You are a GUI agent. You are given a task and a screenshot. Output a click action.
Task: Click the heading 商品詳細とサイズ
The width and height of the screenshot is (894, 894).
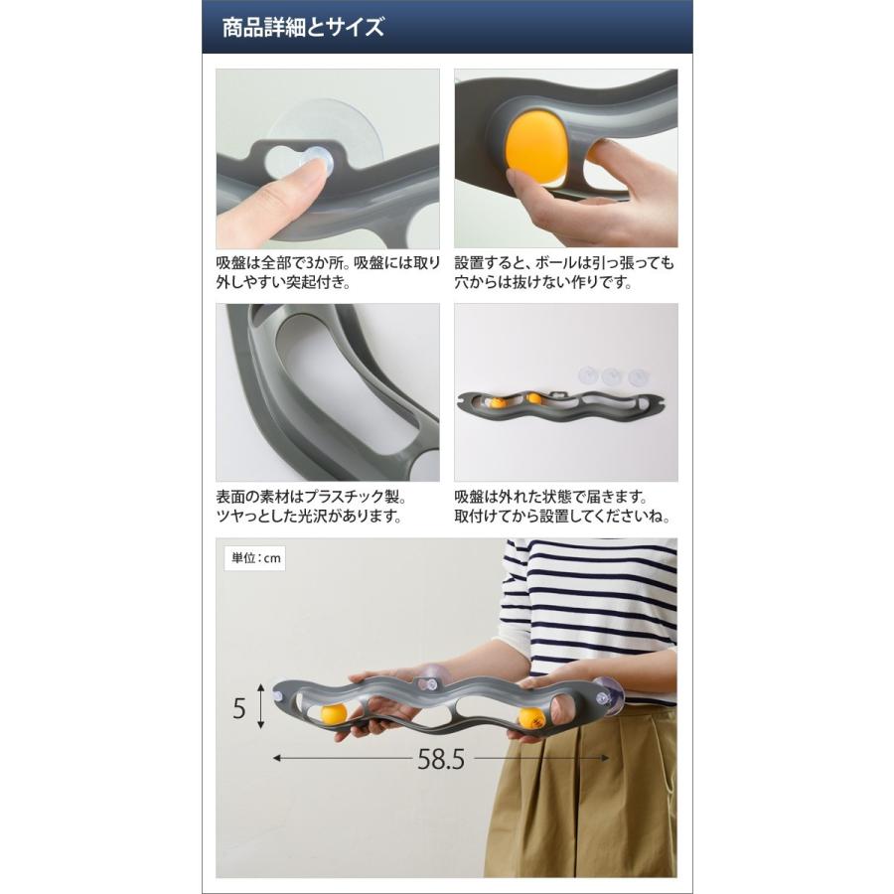pos(303,27)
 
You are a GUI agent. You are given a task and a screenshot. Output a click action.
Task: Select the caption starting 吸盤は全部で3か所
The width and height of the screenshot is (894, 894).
pos(328,272)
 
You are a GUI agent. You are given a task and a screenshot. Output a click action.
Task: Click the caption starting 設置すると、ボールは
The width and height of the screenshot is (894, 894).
pos(564,272)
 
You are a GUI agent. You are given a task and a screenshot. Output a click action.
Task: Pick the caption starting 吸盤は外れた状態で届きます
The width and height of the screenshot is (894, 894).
pos(562,507)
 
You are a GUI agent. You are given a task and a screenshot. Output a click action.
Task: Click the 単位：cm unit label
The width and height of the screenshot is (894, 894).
pos(255,558)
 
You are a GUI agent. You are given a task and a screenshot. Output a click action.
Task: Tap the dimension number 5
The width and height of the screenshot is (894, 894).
pos(239,708)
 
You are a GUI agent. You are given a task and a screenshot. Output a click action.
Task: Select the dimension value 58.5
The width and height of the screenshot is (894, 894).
pos(441,759)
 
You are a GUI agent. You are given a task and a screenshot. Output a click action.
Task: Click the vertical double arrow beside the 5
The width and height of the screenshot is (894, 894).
pos(260,706)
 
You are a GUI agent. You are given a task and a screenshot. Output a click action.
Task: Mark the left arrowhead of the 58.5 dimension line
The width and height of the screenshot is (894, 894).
pos(277,758)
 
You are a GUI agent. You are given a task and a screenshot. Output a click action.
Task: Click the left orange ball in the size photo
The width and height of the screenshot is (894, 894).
pos(334,714)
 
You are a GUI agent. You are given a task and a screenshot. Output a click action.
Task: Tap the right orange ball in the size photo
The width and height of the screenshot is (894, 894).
pos(531,718)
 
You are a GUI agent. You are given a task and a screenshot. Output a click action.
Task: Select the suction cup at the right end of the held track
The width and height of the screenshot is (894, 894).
pos(608,696)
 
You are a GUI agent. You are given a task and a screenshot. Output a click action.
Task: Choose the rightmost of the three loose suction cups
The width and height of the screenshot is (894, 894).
pos(638,376)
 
